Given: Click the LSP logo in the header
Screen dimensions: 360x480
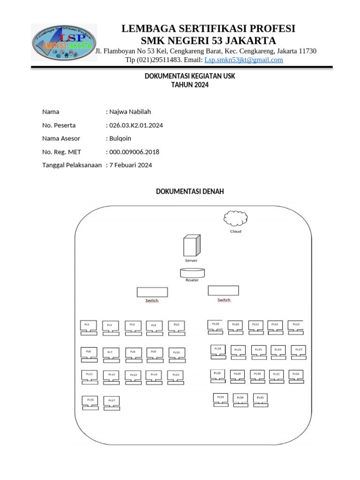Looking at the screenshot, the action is pos(64,43).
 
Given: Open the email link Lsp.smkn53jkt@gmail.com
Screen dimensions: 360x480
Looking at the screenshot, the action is pos(244,60).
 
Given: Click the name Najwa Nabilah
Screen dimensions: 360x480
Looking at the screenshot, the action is pos(130,112).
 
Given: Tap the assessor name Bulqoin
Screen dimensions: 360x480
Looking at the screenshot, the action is pos(120,138).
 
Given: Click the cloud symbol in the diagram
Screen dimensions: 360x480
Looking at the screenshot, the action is pos(236,218).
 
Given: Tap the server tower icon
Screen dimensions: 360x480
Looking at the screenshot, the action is pos(191,245).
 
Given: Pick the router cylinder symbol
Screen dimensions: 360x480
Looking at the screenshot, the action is pos(192,272).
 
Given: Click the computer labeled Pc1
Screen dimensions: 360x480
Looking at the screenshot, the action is pos(89,327).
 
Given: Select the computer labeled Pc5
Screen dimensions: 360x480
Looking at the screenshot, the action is pos(177,327).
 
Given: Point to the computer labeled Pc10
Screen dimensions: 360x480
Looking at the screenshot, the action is pos(177,354).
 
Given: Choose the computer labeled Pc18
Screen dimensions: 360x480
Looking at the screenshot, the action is pos(215,326).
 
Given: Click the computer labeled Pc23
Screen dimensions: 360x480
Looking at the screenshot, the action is pos(296,327).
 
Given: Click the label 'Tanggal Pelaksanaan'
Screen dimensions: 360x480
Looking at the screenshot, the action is pos(72,165).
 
